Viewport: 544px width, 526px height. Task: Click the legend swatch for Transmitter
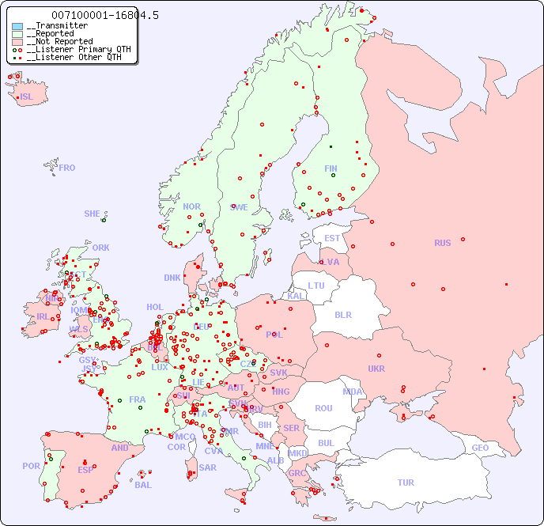point(17,26)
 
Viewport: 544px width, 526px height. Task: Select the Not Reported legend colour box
point(17,42)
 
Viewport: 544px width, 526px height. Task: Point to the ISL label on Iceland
point(27,97)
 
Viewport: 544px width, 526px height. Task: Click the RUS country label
point(442,243)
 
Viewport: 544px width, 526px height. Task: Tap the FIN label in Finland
point(331,168)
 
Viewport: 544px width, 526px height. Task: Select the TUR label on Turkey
point(406,482)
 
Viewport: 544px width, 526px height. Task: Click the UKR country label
point(376,369)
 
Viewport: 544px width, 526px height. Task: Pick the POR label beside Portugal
point(31,466)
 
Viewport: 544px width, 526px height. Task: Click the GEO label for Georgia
point(480,448)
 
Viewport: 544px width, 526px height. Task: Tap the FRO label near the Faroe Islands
point(67,168)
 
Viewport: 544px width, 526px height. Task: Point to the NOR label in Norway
point(191,206)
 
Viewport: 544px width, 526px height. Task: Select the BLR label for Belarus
point(342,314)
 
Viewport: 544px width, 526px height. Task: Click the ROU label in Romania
point(323,408)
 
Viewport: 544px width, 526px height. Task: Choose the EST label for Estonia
point(332,238)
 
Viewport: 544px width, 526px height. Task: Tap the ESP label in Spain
point(85,470)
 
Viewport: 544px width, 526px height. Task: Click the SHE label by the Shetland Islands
point(92,214)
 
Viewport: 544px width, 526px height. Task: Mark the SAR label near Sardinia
point(207,467)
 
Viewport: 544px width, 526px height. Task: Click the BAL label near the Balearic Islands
point(143,485)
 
